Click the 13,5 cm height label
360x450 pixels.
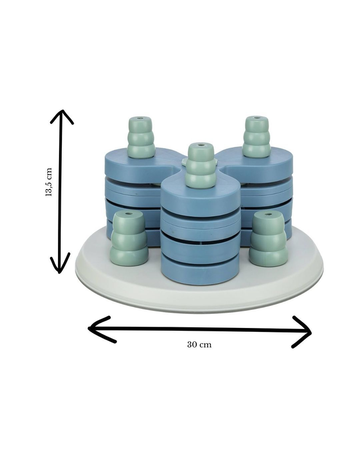tap(49, 182)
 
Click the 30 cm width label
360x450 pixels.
tap(199, 344)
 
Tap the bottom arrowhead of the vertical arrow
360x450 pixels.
tap(60, 263)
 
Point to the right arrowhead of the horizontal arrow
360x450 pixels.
tap(301, 332)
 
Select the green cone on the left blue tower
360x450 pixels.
tap(141, 137)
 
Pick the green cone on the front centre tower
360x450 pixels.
tap(201, 166)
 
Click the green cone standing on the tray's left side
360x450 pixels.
tap(129, 238)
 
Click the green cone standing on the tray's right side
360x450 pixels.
tap(268, 239)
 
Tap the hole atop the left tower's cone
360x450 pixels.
tap(140, 118)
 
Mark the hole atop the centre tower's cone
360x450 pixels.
tap(200, 145)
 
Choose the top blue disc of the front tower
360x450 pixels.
tap(200, 195)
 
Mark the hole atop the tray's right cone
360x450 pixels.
tap(268, 214)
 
